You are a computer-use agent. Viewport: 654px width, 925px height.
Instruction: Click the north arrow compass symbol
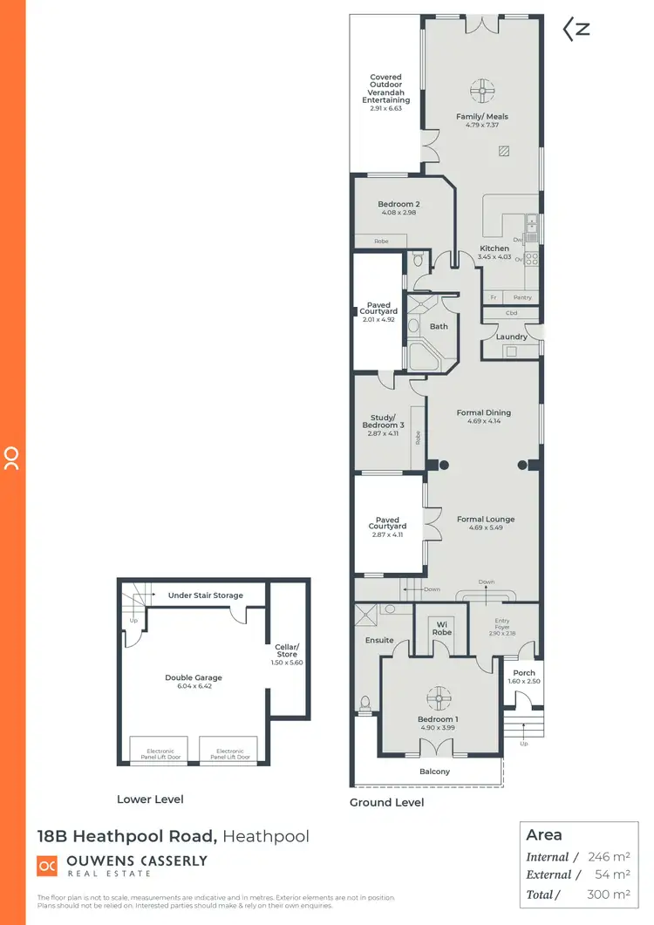[x=576, y=29]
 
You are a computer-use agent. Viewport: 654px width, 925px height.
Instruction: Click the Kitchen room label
[x=494, y=248]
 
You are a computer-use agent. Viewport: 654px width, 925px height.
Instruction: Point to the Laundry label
[x=511, y=337]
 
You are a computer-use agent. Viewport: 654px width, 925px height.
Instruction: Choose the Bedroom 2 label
[x=399, y=204]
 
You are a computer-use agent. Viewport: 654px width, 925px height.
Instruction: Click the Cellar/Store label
[x=287, y=650]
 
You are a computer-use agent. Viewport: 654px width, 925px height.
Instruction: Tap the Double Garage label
[x=194, y=677]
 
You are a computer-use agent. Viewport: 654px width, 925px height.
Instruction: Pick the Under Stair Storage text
[x=205, y=595]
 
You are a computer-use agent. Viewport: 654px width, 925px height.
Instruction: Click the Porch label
[x=524, y=673]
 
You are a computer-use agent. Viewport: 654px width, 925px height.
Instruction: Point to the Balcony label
[x=435, y=772]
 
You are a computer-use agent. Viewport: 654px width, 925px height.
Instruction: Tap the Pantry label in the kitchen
[x=522, y=298]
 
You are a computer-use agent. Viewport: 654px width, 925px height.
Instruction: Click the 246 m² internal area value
[x=608, y=857]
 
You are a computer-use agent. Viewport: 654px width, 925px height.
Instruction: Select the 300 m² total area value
[x=608, y=894]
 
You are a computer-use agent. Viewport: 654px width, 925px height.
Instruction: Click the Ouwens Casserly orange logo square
[x=47, y=865]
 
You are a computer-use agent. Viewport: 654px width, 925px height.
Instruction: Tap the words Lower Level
[x=150, y=799]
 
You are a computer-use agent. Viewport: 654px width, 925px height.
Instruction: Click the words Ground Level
[x=386, y=802]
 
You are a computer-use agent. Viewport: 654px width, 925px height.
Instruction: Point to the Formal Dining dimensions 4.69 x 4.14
[x=484, y=422]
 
